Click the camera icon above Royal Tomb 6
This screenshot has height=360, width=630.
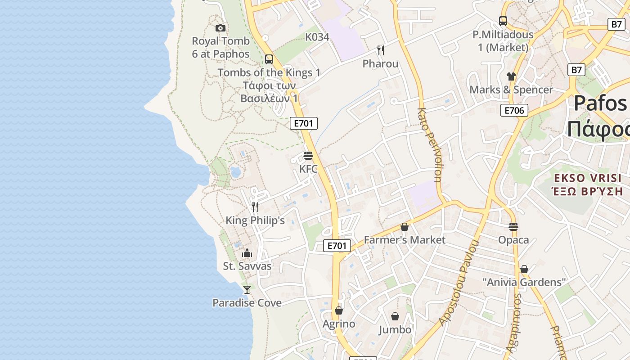[x=220, y=28]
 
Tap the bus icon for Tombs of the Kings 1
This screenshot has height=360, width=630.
[x=269, y=59]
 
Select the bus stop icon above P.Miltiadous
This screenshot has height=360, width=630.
[x=503, y=21]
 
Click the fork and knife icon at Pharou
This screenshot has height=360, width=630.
[x=381, y=50]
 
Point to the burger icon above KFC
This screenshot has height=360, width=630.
[x=308, y=156]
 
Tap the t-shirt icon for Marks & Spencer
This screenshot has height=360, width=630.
[x=511, y=76]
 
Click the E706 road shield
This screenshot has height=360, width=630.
[x=514, y=110]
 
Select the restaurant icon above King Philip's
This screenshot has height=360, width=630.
[x=255, y=207]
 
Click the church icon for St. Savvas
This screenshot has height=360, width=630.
[x=247, y=252]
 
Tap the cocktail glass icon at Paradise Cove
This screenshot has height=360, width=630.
[x=247, y=289]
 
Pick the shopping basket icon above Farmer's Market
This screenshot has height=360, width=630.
[x=405, y=226]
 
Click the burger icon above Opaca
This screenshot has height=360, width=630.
[x=513, y=226]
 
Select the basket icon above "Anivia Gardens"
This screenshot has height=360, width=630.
[x=524, y=269]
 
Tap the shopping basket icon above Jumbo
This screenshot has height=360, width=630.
[x=395, y=316]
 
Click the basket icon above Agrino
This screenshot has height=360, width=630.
[x=339, y=310]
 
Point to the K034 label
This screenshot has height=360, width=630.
[x=317, y=37]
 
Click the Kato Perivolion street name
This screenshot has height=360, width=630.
[x=429, y=144]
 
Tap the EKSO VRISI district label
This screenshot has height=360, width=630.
[x=587, y=178]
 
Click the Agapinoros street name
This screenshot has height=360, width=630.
[x=513, y=322]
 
